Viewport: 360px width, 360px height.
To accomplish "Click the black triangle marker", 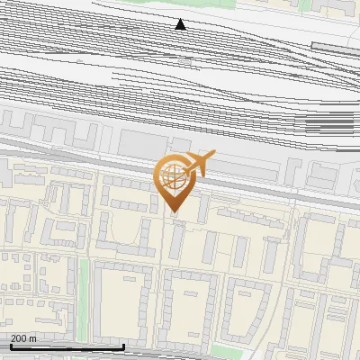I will (x=181, y=24).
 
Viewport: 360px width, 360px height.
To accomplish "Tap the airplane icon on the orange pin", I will (x=200, y=164).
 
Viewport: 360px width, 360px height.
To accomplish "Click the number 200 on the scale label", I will (x=19, y=338).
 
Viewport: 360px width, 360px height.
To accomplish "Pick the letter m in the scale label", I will (x=33, y=338).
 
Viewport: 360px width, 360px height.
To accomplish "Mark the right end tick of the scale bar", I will (x=123, y=346).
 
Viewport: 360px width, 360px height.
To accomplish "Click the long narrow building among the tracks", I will (x=335, y=46).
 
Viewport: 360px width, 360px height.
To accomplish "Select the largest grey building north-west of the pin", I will (x=139, y=143).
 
